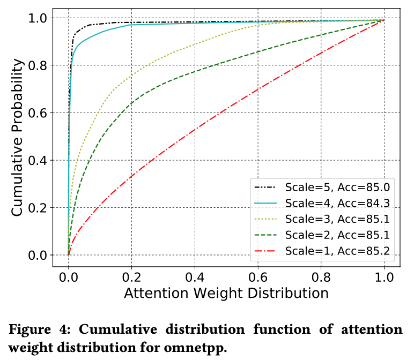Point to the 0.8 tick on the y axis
point(38,65)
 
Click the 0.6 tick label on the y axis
point(38,112)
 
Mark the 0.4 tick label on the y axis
point(38,160)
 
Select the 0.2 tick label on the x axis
point(131,277)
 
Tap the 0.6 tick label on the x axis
point(257,277)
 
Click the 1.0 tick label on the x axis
point(383,277)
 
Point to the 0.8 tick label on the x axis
point(321,277)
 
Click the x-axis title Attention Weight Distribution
point(226,293)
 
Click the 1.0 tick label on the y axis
point(38,18)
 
